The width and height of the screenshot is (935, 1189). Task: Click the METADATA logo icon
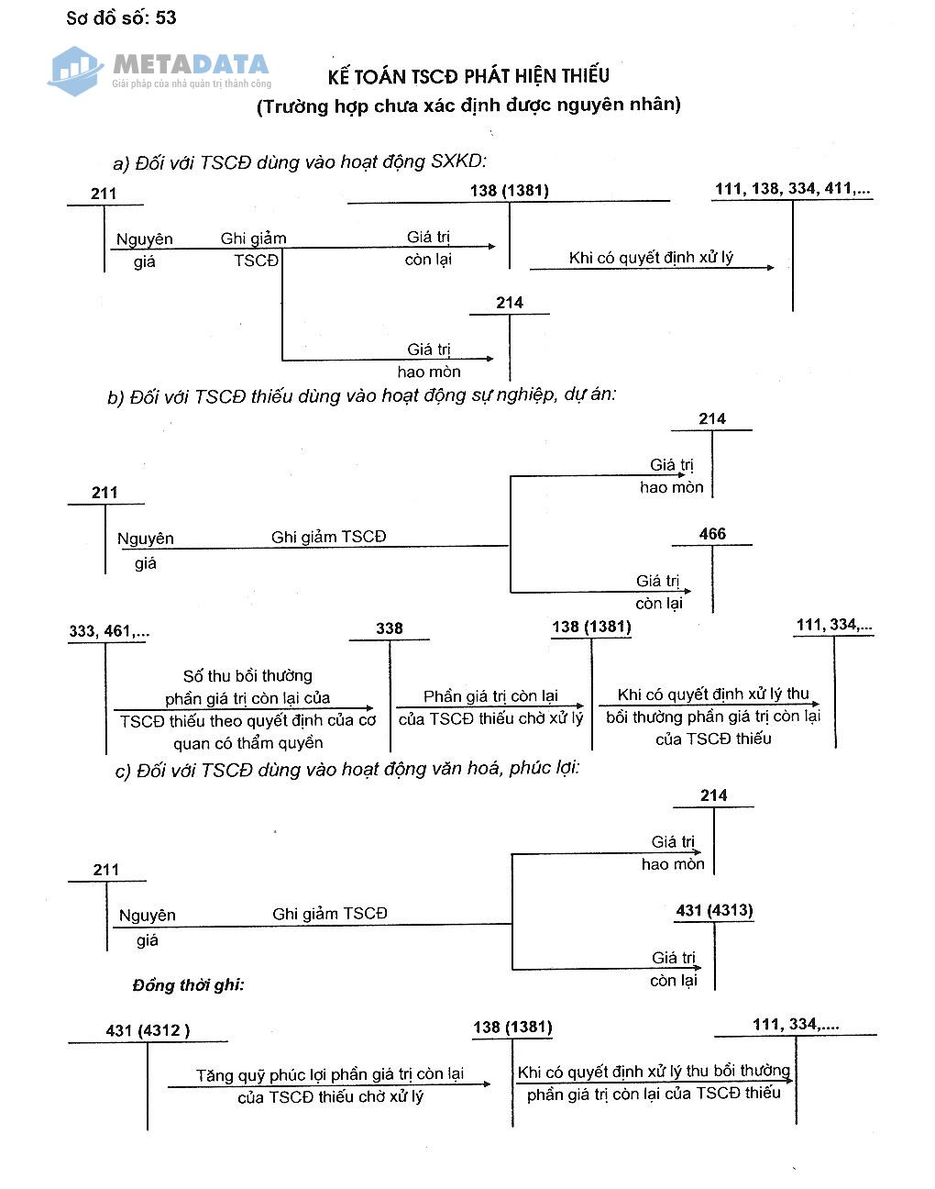tap(75, 70)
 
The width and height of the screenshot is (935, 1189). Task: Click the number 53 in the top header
tap(166, 18)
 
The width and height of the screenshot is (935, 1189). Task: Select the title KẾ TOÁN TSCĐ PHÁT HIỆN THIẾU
tap(468, 76)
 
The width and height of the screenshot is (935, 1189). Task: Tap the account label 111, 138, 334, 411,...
tap(793, 189)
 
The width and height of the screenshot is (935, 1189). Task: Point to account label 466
tap(712, 534)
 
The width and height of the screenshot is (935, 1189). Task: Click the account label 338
tap(390, 628)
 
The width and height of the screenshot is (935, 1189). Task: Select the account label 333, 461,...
tap(109, 631)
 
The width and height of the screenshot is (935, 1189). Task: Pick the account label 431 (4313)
tap(714, 911)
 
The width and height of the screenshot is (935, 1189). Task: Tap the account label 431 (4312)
tap(148, 1030)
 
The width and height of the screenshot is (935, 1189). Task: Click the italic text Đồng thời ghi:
tap(188, 985)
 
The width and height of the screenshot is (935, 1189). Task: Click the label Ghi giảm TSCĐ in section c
tap(330, 914)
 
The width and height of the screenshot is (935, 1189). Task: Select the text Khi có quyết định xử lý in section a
tap(651, 258)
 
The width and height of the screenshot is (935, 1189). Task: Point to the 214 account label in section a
tap(510, 303)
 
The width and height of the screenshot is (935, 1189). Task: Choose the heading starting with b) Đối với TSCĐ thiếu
tap(362, 396)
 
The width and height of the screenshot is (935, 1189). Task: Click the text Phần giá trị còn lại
tap(490, 696)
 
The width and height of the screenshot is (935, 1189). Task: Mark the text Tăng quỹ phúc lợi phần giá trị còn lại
tap(330, 1074)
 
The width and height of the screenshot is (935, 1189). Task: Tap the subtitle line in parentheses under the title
tap(468, 106)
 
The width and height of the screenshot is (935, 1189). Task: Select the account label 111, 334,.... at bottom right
tap(796, 1025)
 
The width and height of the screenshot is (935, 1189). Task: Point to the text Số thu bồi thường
tap(247, 676)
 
